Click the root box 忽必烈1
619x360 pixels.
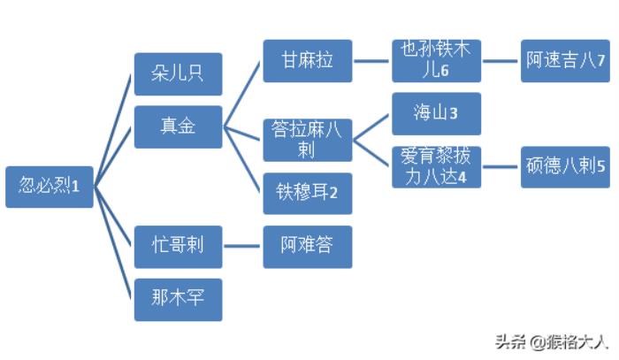tap(50, 187)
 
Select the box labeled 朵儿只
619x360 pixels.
tap(178, 73)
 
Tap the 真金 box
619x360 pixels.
tap(178, 126)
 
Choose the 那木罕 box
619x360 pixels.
tap(178, 299)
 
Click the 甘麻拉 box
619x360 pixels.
tap(307, 61)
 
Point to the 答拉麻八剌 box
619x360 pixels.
tap(307, 140)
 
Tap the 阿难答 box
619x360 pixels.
tap(307, 246)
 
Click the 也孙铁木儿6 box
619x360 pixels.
tap(437, 61)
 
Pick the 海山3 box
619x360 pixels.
tap(437, 114)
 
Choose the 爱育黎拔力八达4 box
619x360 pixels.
tap(437, 166)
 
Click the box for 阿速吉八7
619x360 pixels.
tap(565, 61)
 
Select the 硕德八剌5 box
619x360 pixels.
tap(565, 166)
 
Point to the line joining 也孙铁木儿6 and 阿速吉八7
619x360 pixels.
tap(501, 61)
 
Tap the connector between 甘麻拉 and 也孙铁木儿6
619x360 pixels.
tap(371, 61)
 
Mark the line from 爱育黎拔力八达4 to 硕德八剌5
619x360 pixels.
tap(501, 166)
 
